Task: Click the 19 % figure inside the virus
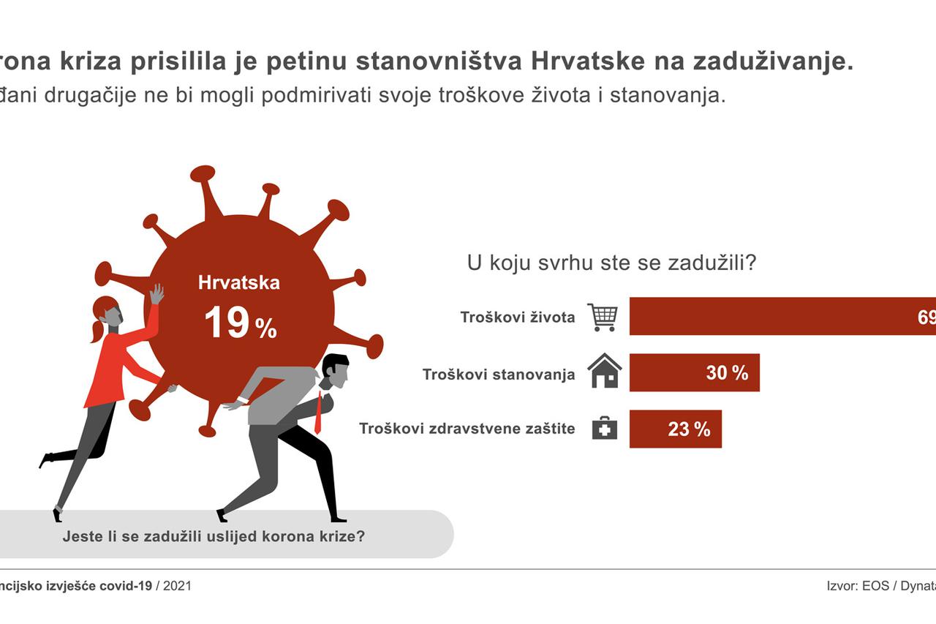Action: coord(240,323)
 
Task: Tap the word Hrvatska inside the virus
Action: coord(238,282)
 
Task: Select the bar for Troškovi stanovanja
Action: coord(694,372)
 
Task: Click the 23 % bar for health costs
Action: coord(675,429)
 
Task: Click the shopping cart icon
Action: coord(603,317)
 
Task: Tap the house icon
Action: coord(604,372)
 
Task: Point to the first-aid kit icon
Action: coord(604,429)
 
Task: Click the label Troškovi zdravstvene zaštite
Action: coord(467,429)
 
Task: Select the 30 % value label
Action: coord(727,373)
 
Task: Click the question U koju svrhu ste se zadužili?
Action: coord(611,263)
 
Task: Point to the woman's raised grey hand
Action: coord(156,294)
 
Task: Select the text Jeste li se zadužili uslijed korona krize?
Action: coord(214,535)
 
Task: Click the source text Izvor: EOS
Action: coord(857,586)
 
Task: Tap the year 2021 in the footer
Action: coord(177,586)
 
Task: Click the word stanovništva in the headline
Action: coord(439,62)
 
